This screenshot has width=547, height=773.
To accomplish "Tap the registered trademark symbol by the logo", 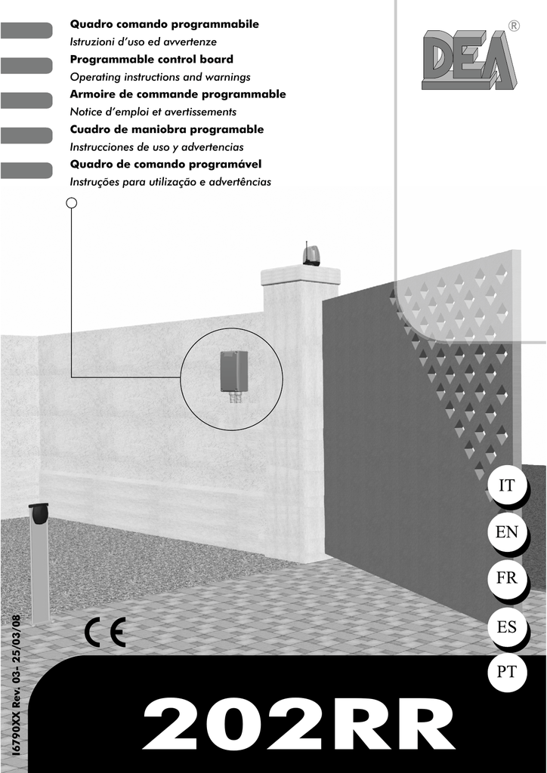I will (x=515, y=26).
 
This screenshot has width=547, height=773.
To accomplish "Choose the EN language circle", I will (x=506, y=532).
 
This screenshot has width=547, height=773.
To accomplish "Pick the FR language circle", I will (x=506, y=579).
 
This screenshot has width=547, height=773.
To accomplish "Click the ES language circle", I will (x=506, y=626).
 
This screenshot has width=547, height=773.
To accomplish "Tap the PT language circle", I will (x=506, y=672).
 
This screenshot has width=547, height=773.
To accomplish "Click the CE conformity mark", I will (x=106, y=633).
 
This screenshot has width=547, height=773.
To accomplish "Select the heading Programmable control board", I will (x=152, y=60).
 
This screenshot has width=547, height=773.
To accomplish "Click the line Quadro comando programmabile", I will (x=165, y=25).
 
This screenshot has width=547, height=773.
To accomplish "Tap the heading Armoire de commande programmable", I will (x=178, y=94).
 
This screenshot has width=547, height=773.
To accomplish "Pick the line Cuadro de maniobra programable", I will (x=167, y=130).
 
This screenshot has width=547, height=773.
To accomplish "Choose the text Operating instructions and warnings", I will (x=160, y=77).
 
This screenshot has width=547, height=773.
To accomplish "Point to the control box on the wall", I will (x=233, y=372).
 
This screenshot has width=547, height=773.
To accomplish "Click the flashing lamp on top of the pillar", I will (x=311, y=254).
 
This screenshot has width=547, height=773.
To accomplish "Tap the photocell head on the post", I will (x=39, y=514).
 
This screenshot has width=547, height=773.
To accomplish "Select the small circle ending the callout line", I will (x=71, y=202).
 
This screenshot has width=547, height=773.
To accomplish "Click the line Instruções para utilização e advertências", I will (x=171, y=182).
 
